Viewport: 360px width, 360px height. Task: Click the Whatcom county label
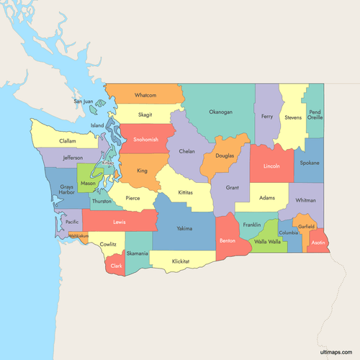(145, 95)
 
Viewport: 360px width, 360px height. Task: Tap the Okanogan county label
(220, 112)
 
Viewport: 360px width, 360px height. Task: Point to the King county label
(142, 171)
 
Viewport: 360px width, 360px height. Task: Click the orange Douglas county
(224, 156)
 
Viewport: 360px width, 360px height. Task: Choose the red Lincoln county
(271, 166)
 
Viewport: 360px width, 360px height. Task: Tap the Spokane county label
(309, 163)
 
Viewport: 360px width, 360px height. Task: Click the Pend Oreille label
(315, 115)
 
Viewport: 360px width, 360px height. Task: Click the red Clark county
(116, 266)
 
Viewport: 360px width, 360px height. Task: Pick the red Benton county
(228, 239)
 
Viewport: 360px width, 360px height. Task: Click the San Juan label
(84, 102)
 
